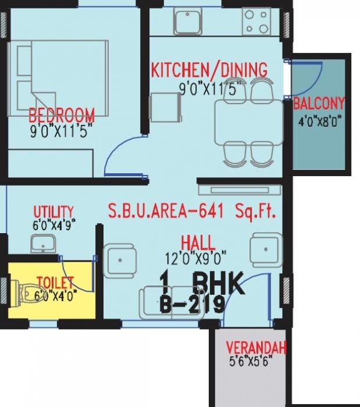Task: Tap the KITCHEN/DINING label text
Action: click(209, 70)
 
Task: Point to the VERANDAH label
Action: click(256, 348)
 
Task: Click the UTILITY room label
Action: click(53, 210)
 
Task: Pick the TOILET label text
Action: click(55, 283)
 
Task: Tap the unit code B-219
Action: click(191, 304)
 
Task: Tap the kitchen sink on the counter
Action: click(186, 22)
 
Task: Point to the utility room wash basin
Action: click(41, 244)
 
